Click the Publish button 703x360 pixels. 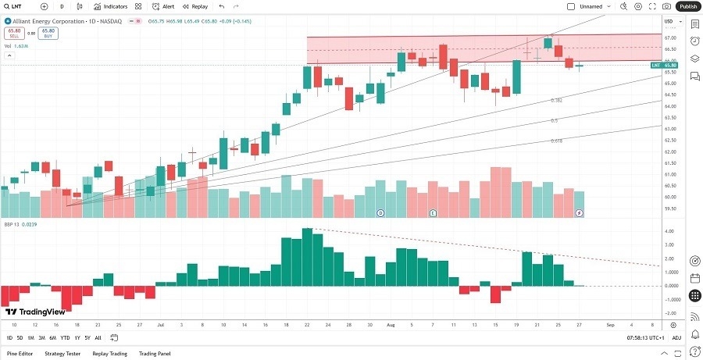(x=687, y=6)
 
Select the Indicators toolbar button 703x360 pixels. (x=111, y=6)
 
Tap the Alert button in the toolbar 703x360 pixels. (x=164, y=6)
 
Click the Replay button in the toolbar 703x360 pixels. (x=196, y=6)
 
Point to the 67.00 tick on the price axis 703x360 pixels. (x=669, y=37)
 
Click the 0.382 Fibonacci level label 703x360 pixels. (x=557, y=101)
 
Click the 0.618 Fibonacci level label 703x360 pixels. (x=557, y=141)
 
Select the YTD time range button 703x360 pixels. (x=65, y=338)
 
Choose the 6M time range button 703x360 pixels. (x=52, y=338)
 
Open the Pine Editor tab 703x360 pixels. (x=20, y=354)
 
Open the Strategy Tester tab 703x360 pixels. (x=62, y=354)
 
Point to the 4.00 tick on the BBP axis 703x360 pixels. (x=669, y=231)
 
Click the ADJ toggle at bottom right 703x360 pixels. (x=676, y=338)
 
